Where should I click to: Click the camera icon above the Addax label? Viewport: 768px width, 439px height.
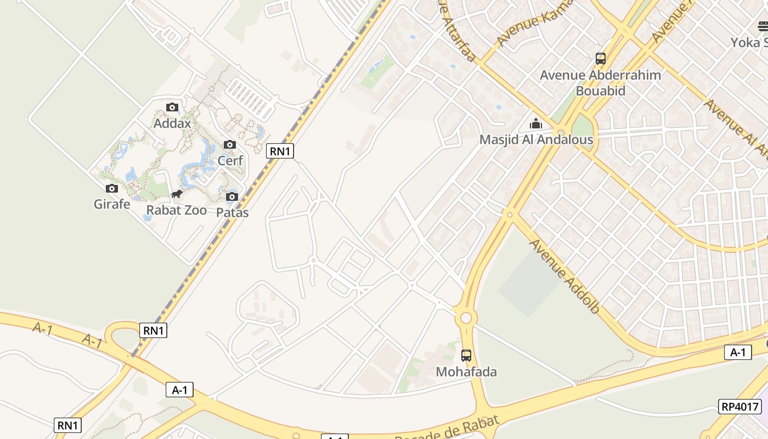(x=172, y=108)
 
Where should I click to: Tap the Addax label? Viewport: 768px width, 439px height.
(x=172, y=123)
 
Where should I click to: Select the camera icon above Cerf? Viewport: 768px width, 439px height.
(x=230, y=145)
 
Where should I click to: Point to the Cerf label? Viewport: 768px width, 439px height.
(x=230, y=160)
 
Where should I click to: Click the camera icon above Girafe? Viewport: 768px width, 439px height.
(x=112, y=189)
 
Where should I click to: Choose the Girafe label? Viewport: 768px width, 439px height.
(x=112, y=204)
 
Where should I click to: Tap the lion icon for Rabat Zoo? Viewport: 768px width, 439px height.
(x=177, y=194)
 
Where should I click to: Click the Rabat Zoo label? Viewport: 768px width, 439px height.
(x=177, y=210)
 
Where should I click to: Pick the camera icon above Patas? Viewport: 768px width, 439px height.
(x=232, y=197)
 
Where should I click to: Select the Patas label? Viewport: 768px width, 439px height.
(x=233, y=212)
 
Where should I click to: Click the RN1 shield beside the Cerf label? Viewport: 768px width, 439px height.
(x=280, y=151)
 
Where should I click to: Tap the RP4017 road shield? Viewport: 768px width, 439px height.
(x=740, y=407)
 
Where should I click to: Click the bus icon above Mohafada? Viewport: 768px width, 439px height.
(x=466, y=356)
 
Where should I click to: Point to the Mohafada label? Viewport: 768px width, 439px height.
(x=466, y=372)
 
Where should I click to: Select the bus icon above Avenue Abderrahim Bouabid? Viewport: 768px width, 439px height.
(x=601, y=58)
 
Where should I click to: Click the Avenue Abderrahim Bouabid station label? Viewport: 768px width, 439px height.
(x=601, y=82)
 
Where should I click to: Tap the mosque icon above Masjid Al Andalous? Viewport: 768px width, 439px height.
(x=536, y=123)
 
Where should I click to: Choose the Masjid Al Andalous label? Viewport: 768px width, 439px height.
(x=536, y=139)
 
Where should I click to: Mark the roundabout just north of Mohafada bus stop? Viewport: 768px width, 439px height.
(x=466, y=318)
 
